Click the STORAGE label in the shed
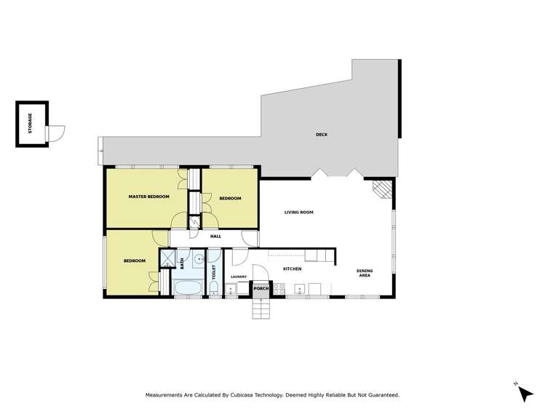[30, 123]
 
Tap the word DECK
[321, 135]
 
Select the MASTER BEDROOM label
[148, 197]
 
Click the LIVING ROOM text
[298, 212]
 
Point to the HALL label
[215, 237]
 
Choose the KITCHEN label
[292, 269]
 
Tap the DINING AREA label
[365, 274]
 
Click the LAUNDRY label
[239, 277]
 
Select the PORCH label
[260, 289]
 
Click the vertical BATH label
[182, 263]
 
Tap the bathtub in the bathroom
[190, 290]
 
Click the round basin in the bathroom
[199, 258]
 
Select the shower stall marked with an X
[167, 258]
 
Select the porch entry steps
[260, 309]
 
